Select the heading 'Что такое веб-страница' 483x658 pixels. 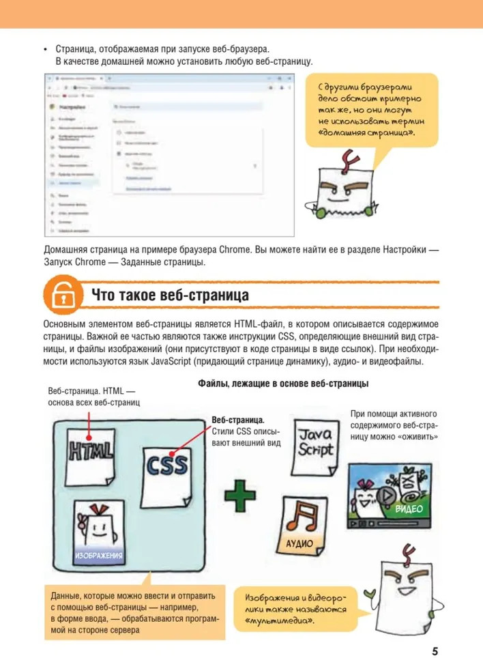pos(170,296)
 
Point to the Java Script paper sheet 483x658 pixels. pos(314,444)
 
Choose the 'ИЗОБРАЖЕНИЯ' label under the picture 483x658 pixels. pos(99,556)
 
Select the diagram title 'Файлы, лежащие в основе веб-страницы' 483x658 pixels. pos(283,384)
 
